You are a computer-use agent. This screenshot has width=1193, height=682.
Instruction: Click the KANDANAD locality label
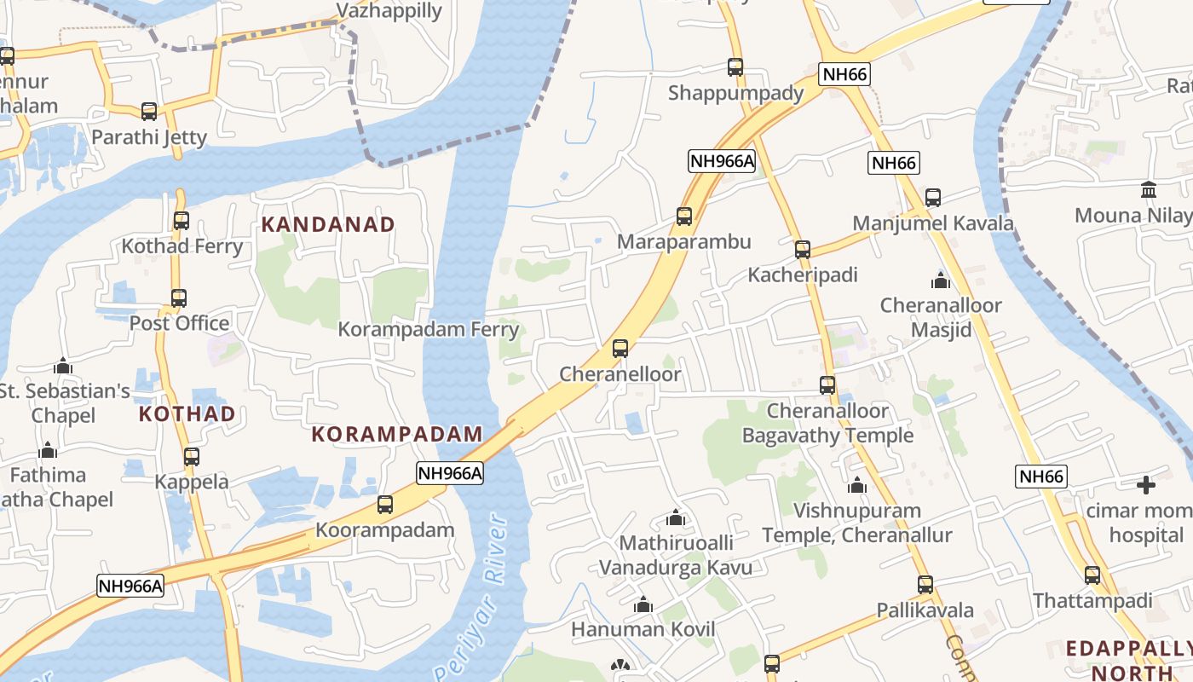click(x=328, y=224)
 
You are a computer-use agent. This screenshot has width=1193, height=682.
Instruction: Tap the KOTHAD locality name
click(x=187, y=414)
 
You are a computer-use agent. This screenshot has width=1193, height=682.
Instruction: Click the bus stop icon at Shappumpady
click(x=735, y=66)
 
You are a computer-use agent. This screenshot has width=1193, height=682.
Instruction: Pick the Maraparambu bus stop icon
click(x=684, y=216)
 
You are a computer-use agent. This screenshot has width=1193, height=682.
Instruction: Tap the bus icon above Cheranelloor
click(x=620, y=348)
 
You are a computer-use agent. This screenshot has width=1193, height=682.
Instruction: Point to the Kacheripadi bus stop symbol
click(x=803, y=249)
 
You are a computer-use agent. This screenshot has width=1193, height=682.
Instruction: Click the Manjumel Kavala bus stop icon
click(x=933, y=197)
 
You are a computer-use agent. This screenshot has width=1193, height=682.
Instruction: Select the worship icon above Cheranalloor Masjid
click(x=941, y=280)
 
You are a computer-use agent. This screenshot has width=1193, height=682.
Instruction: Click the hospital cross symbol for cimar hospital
click(x=1146, y=485)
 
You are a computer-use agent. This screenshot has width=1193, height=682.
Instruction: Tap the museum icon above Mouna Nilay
click(x=1149, y=188)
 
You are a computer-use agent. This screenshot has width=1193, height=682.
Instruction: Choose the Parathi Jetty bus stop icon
click(x=149, y=111)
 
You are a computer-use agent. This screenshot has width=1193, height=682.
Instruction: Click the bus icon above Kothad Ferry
click(x=182, y=220)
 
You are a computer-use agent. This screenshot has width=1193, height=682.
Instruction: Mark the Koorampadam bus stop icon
click(x=385, y=504)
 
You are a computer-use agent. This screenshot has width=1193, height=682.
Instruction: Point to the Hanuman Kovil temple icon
click(x=643, y=604)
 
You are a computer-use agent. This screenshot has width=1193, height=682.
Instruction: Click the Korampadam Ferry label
click(x=429, y=329)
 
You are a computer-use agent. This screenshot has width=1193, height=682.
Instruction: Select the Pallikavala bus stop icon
click(x=925, y=585)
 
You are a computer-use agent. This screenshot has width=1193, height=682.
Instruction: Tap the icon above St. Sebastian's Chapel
click(x=63, y=367)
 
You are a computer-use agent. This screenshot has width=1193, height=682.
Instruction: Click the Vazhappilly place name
click(x=389, y=10)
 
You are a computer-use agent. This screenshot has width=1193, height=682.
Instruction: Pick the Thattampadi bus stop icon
click(x=1092, y=575)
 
